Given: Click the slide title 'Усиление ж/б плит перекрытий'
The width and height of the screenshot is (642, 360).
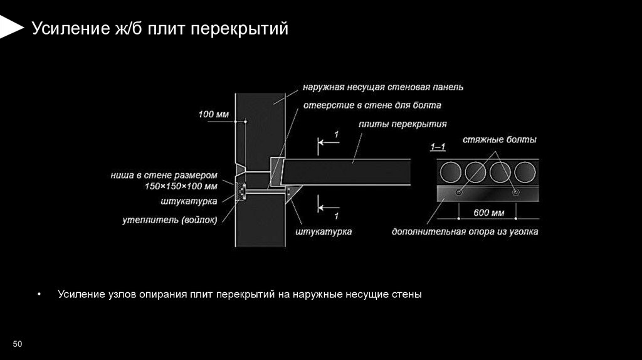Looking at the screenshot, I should (x=160, y=28).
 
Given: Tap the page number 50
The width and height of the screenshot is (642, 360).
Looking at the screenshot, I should (x=18, y=344).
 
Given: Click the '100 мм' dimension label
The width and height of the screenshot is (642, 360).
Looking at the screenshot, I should (x=214, y=114).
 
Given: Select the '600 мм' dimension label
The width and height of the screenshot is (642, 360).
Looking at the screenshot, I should (x=488, y=213).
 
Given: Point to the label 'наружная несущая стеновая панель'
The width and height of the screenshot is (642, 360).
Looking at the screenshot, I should (x=383, y=87).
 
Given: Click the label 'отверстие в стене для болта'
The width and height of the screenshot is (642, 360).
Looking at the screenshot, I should (x=372, y=105).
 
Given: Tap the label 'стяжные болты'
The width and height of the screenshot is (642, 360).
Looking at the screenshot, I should (x=500, y=139).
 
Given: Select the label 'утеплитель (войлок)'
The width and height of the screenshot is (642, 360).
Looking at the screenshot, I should (x=169, y=220).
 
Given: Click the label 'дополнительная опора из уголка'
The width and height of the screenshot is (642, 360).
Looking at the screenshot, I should (x=465, y=232).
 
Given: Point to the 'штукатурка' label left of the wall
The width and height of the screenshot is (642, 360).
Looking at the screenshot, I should (x=189, y=201).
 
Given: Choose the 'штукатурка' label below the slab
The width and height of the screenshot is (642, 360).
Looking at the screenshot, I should (x=323, y=231).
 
